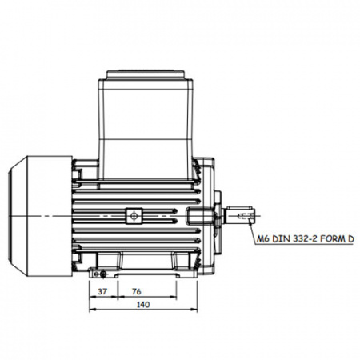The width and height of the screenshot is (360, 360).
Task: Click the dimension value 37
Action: click(x=102, y=291)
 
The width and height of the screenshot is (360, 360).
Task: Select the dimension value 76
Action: click(x=137, y=291)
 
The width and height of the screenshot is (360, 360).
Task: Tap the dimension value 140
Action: click(x=143, y=304)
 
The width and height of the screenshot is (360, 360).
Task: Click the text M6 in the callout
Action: click(x=263, y=238)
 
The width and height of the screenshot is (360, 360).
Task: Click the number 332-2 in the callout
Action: click(x=305, y=238)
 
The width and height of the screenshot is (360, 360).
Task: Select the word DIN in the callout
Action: click(x=282, y=238)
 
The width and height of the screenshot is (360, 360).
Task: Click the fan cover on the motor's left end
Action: click(x=41, y=216)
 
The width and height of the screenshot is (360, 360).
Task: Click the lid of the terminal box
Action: click(x=146, y=74)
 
